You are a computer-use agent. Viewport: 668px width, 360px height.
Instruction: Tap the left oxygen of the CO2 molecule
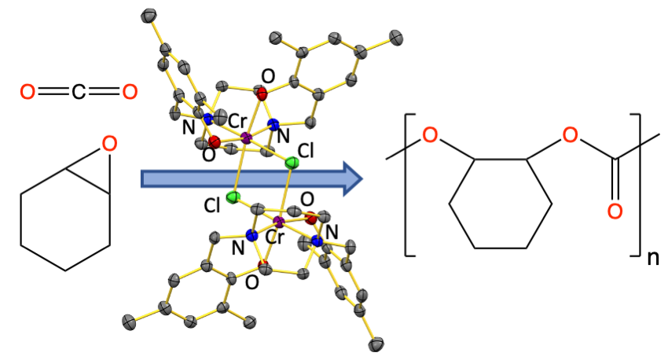[x=28, y=93]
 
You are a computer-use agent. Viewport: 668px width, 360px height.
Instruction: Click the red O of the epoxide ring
[x=110, y=143]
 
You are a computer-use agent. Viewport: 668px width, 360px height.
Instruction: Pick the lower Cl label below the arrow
[x=212, y=206]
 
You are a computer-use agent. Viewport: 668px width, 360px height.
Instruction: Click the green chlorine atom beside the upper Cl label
[x=292, y=163]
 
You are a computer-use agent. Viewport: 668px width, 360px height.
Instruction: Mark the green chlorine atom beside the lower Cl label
[x=233, y=197]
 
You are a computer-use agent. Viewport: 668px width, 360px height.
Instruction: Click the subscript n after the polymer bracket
[x=652, y=258]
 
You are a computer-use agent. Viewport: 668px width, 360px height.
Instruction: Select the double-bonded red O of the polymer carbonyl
[x=615, y=211]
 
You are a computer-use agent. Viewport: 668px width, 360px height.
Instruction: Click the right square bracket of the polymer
[x=635, y=184]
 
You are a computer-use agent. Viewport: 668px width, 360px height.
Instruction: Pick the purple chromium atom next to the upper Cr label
[x=246, y=139]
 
